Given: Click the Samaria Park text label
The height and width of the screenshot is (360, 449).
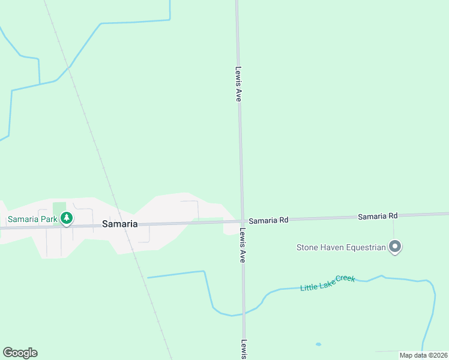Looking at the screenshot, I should tap(32, 219).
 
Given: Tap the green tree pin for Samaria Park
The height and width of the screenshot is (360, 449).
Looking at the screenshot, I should tap(67, 218).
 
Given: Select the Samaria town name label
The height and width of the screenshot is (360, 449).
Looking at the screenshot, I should tap(119, 224).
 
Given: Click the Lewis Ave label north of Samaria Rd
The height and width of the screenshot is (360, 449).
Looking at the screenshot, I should tap(238, 83).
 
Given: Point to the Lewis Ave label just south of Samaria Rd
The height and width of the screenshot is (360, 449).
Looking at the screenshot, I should tap(243, 246).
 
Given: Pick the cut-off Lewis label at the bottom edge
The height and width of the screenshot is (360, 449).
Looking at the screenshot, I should tap(244, 350).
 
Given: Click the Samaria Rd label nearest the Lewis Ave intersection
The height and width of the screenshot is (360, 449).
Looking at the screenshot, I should tap(268, 220).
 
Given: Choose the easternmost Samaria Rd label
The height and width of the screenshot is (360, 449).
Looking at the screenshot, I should tap(378, 215).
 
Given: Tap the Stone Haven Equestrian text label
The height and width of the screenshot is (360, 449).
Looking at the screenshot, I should tap(340, 247).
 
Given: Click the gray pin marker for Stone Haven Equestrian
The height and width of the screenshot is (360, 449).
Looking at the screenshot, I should tap(395, 247).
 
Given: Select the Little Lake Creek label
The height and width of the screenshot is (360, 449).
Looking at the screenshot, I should tap(328, 283).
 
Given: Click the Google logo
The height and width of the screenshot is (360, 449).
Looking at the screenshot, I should tap(20, 353).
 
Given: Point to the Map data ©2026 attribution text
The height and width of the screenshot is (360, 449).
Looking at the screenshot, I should tap(423, 355).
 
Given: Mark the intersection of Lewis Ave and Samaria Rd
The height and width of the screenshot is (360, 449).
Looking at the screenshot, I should tap(242, 221).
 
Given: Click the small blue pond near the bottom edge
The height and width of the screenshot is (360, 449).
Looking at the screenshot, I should tap(318, 344).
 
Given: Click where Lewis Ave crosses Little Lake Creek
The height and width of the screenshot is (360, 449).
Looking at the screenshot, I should tap(243, 312).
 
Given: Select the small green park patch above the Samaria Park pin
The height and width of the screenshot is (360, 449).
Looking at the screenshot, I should tap(59, 207).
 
